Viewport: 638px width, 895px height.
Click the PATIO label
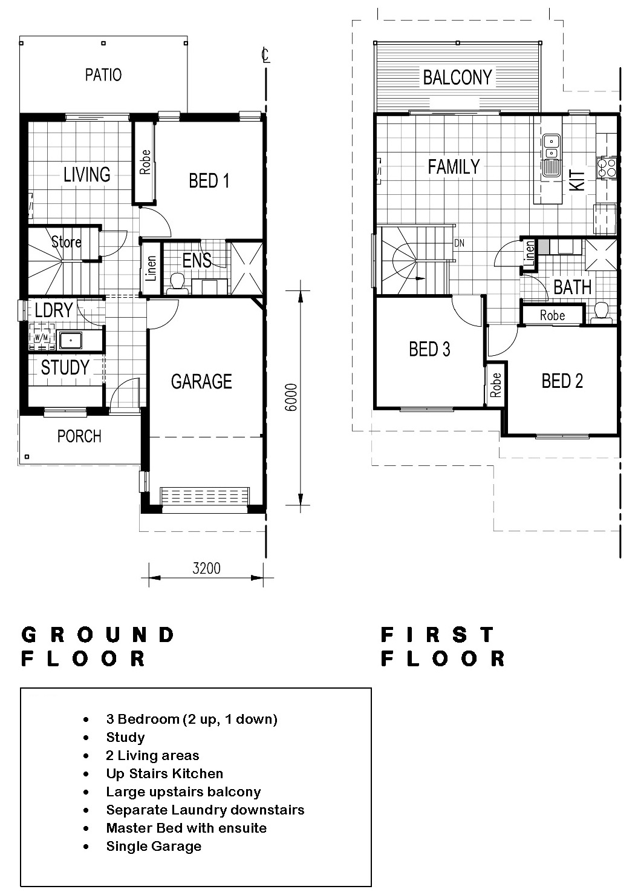(103, 74)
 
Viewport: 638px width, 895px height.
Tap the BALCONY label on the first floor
(457, 77)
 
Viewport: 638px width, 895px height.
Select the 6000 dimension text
(291, 397)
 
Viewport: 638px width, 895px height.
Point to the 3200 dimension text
(206, 568)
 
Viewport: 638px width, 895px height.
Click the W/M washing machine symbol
(42, 338)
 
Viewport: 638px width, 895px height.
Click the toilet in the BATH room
(601, 313)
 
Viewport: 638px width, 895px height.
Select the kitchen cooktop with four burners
(607, 168)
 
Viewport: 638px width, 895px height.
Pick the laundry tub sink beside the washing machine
(70, 341)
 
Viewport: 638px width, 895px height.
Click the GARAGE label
(201, 382)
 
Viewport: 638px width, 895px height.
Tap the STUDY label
(65, 367)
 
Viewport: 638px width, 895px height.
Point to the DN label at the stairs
(459, 243)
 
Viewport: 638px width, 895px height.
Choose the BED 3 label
(429, 349)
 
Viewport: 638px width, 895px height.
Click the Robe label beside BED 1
(145, 162)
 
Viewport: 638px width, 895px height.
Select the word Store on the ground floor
(67, 242)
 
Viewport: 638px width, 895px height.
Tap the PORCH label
(79, 436)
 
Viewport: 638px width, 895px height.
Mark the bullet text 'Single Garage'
(154, 846)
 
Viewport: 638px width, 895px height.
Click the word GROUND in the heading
(98, 635)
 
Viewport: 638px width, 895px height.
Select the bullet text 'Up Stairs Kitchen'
(164, 773)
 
